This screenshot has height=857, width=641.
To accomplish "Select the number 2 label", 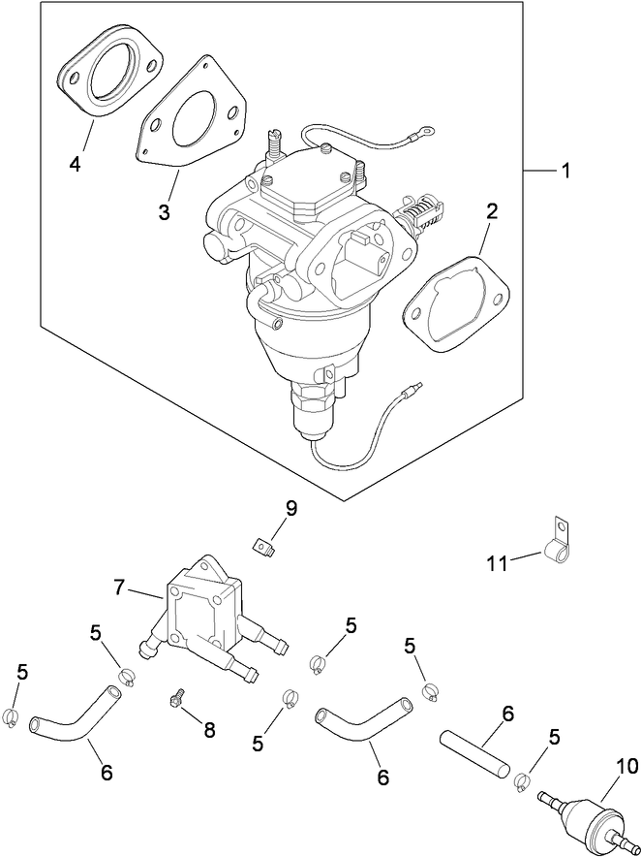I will pyautogui.click(x=492, y=211).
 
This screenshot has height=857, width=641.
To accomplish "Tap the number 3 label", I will pyautogui.click(x=165, y=210).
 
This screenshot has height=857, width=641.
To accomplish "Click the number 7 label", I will pyautogui.click(x=119, y=587).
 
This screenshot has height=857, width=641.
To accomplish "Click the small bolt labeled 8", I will pyautogui.click(x=175, y=697).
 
